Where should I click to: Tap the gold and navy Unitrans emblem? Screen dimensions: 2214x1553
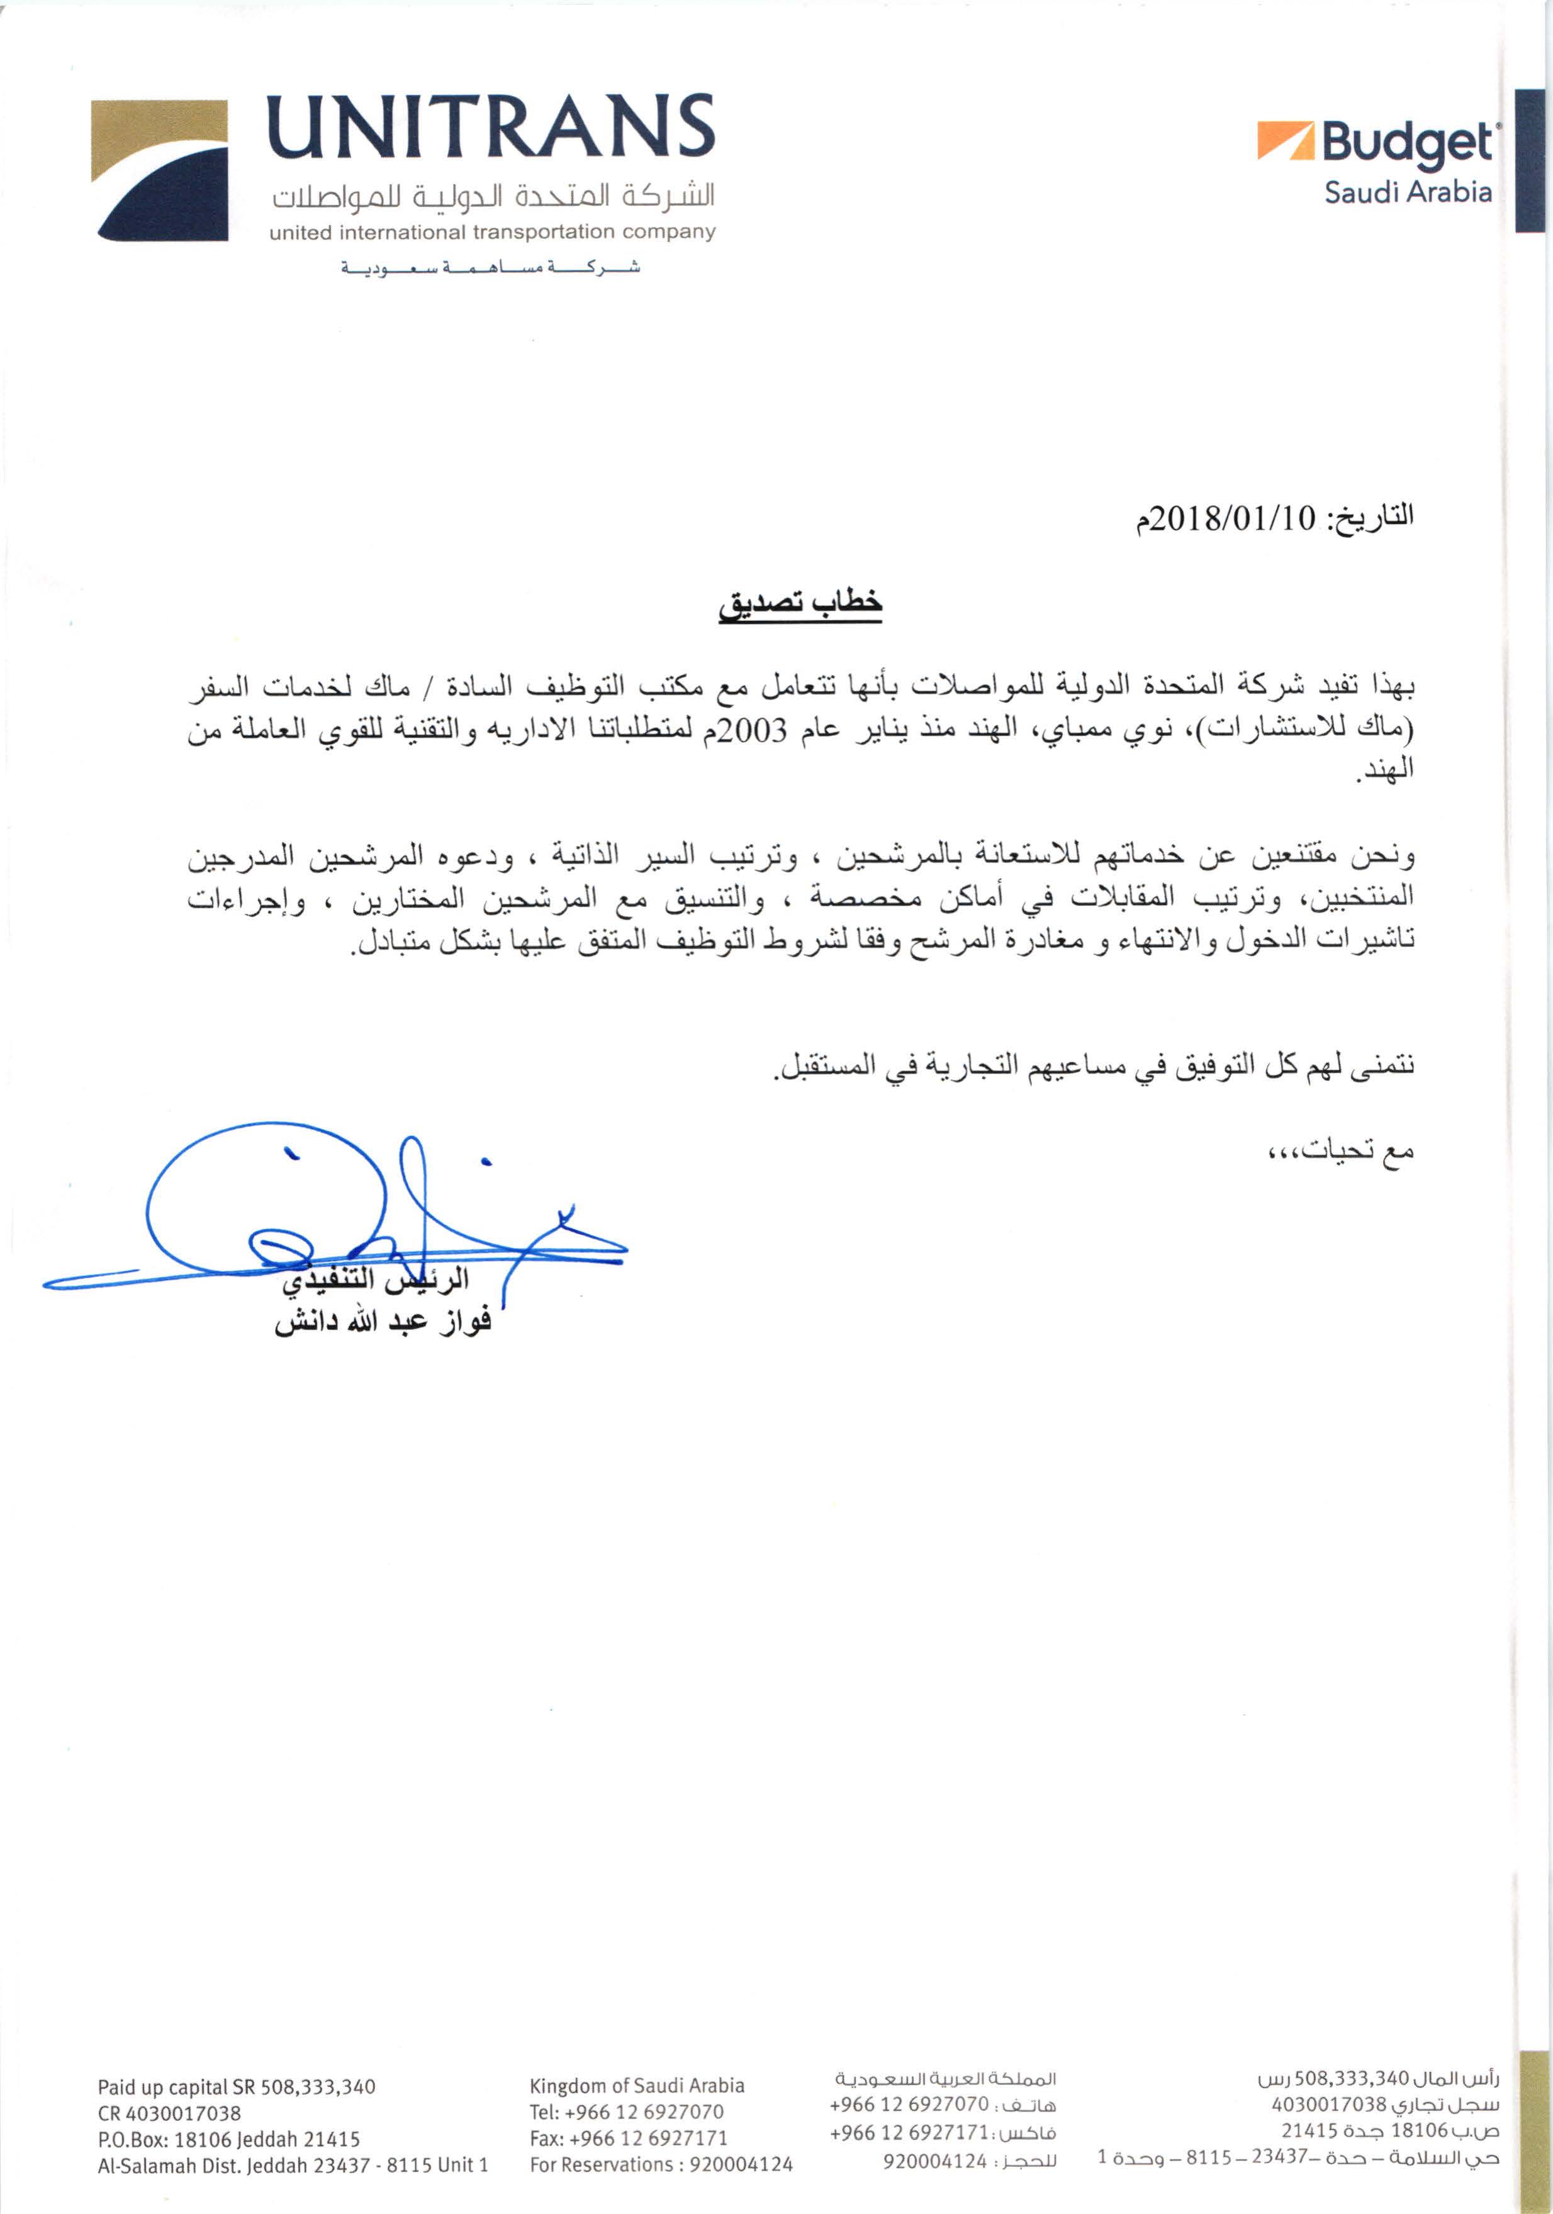tap(159, 170)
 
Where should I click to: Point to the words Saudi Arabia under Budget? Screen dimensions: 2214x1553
tap(1408, 192)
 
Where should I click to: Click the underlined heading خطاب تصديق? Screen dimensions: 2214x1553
tap(800, 602)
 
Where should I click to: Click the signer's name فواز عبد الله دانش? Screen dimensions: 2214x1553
tap(383, 1322)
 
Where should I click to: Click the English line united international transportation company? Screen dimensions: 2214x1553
tap(492, 232)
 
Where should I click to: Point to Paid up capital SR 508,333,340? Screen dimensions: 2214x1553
tap(237, 2087)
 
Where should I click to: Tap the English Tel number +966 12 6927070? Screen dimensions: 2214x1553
tap(626, 2111)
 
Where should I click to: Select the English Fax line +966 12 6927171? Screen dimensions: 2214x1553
tap(628, 2138)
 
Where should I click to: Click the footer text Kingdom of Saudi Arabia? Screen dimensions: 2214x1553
tap(637, 2086)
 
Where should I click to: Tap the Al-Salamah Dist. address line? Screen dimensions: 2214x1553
tap(292, 2165)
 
